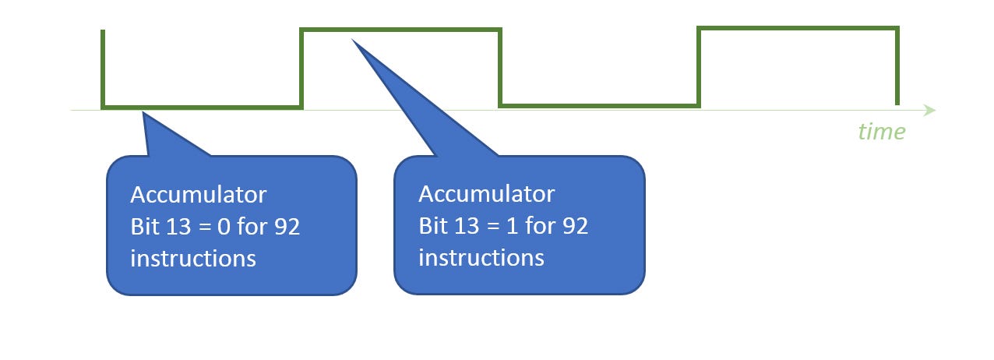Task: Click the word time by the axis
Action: click(x=882, y=132)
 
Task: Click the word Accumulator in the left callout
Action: click(x=199, y=193)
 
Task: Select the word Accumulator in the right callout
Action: click(x=487, y=193)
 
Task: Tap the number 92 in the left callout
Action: click(x=287, y=226)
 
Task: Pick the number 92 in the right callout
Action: click(x=575, y=226)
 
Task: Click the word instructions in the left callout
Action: click(x=193, y=258)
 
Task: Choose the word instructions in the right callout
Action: click(x=481, y=258)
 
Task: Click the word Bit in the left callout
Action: click(x=145, y=226)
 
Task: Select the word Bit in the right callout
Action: click(x=433, y=226)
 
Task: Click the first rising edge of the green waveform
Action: click(x=301, y=69)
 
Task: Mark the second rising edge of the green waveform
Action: click(x=699, y=66)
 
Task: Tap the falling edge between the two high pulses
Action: click(x=500, y=67)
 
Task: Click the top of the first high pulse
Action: click(x=400, y=30)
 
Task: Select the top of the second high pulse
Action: click(x=798, y=29)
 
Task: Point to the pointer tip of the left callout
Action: click(x=143, y=115)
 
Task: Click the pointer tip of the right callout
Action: click(x=353, y=40)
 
